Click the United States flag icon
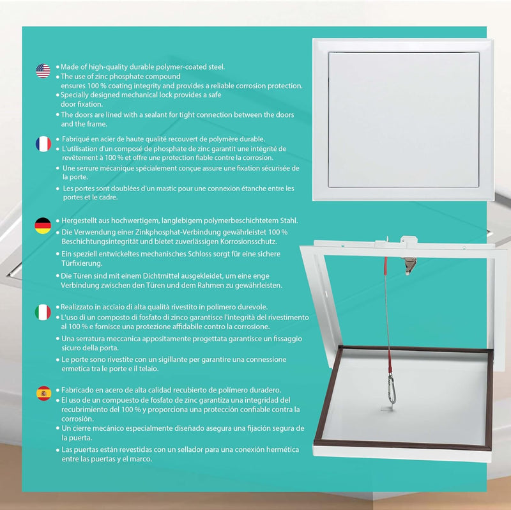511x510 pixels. [43, 71]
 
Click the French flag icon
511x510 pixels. [43, 144]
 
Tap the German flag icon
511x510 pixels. [43, 225]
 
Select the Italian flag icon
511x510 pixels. [43, 312]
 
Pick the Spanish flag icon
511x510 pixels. [43, 394]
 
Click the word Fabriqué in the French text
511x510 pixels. [81, 139]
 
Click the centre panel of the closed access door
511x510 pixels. [404, 120]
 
